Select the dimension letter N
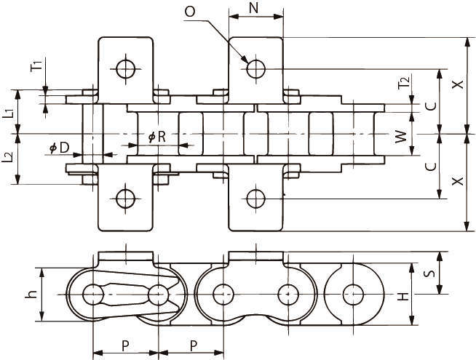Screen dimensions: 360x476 tap(254, 8)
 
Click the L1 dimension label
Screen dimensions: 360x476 tap(8, 112)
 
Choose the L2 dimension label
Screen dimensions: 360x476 tap(8, 158)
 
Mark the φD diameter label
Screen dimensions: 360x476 tap(60, 148)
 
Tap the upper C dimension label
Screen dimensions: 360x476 tap(430, 104)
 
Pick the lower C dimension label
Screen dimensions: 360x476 tap(430, 166)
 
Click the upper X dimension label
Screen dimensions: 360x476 tap(456, 85)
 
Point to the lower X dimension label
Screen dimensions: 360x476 tap(456, 182)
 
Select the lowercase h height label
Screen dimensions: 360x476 tap(30, 295)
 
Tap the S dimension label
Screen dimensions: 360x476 tap(429, 274)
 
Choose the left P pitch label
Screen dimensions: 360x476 tap(124, 344)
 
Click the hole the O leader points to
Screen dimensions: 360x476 tap(255, 69)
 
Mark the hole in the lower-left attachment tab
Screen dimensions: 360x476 tap(124, 197)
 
